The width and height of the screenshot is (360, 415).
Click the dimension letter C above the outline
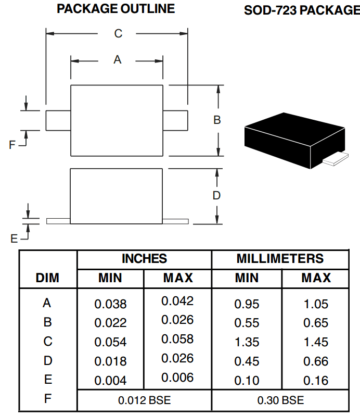(118, 34)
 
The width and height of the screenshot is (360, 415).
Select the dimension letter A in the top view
(118, 59)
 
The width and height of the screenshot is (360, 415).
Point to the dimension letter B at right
(217, 120)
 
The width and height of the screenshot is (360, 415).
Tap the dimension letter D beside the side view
(216, 195)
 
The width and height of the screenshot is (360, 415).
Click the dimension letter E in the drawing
(14, 238)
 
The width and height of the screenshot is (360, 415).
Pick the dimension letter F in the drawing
(12, 145)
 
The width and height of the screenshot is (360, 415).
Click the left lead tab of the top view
(58, 121)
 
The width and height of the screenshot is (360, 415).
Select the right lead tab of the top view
(175, 121)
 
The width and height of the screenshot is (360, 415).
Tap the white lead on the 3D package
(336, 159)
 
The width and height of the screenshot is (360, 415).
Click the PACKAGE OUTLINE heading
(116, 9)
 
